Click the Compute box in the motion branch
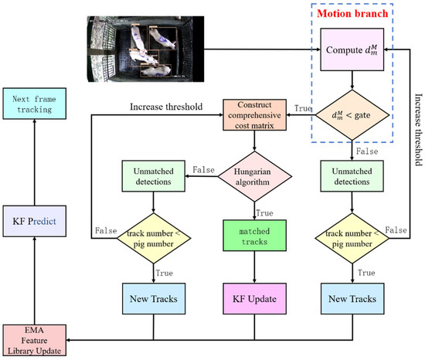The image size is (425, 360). [x=352, y=53]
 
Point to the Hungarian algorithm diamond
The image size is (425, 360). [x=254, y=180]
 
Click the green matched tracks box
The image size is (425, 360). [x=254, y=236]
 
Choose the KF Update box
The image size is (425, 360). [x=254, y=297]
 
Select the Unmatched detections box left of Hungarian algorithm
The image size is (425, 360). [x=152, y=180]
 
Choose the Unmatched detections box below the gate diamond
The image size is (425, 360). [x=352, y=180]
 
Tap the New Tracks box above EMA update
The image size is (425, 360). [x=152, y=297]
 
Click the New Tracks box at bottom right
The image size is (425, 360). [x=352, y=297]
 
